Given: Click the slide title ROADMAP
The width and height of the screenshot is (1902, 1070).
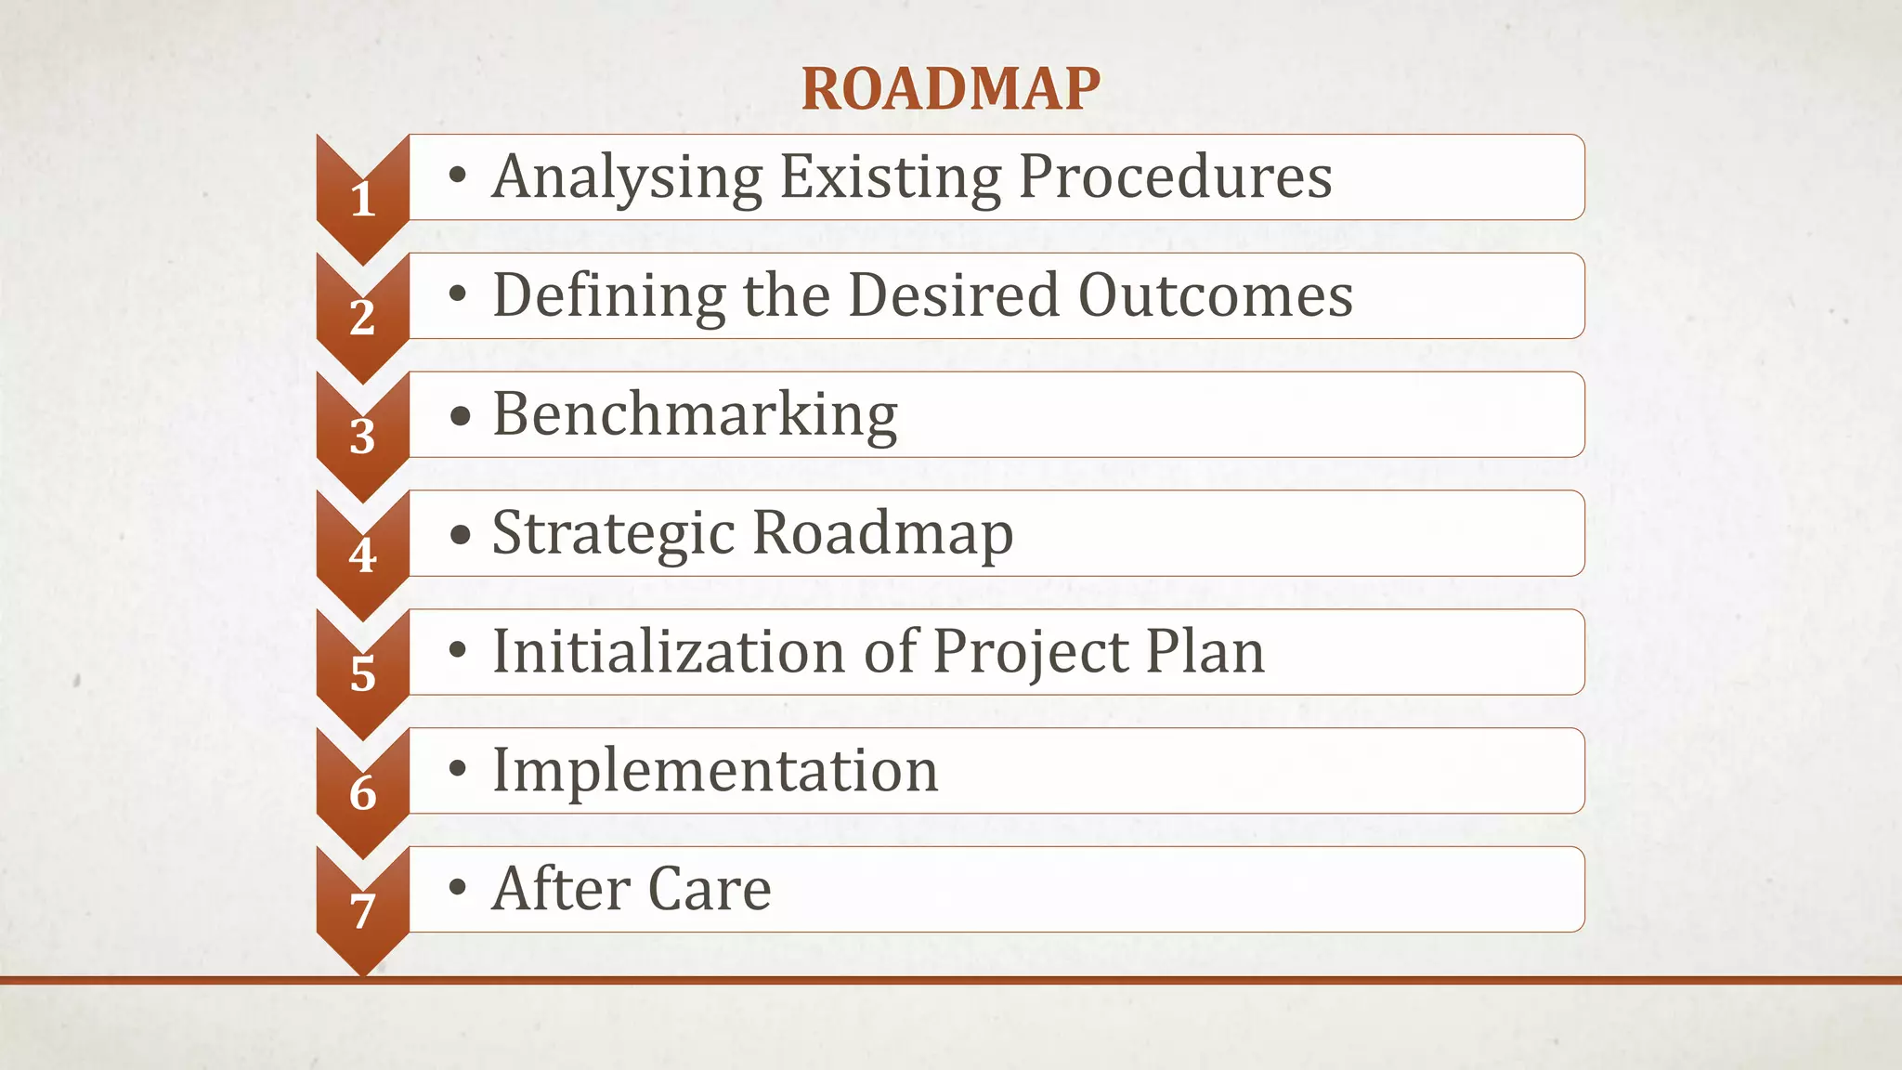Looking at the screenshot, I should (x=950, y=89).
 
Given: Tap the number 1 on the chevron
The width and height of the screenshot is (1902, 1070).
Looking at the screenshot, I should (x=363, y=200).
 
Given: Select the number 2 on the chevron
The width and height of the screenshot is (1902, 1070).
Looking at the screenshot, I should (x=362, y=318).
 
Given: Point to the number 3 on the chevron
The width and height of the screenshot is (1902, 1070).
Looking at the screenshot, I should (x=362, y=437).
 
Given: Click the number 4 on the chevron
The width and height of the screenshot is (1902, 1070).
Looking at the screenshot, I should (x=362, y=555).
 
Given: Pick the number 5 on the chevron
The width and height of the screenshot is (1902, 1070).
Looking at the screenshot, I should (x=362, y=674).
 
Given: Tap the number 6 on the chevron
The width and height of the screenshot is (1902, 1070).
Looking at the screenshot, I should (x=362, y=793).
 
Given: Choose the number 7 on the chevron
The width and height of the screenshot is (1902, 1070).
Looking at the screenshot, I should (x=362, y=911).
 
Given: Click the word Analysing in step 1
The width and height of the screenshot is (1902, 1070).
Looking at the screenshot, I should (x=627, y=176).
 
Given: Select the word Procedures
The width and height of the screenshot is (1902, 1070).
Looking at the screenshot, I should (x=1175, y=176).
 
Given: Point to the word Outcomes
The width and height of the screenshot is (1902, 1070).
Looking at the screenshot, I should (x=1215, y=295).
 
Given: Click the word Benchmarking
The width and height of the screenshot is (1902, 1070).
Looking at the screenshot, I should (x=695, y=414).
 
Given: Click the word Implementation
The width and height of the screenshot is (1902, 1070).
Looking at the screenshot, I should (x=715, y=770).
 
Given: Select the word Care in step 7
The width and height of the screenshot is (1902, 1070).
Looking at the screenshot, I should (x=710, y=889).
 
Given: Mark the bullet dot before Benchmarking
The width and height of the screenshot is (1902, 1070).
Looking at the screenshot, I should (x=459, y=415).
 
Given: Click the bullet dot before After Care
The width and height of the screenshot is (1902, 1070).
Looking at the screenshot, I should (x=457, y=887).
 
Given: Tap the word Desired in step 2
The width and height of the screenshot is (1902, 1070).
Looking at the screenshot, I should (x=954, y=295).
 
